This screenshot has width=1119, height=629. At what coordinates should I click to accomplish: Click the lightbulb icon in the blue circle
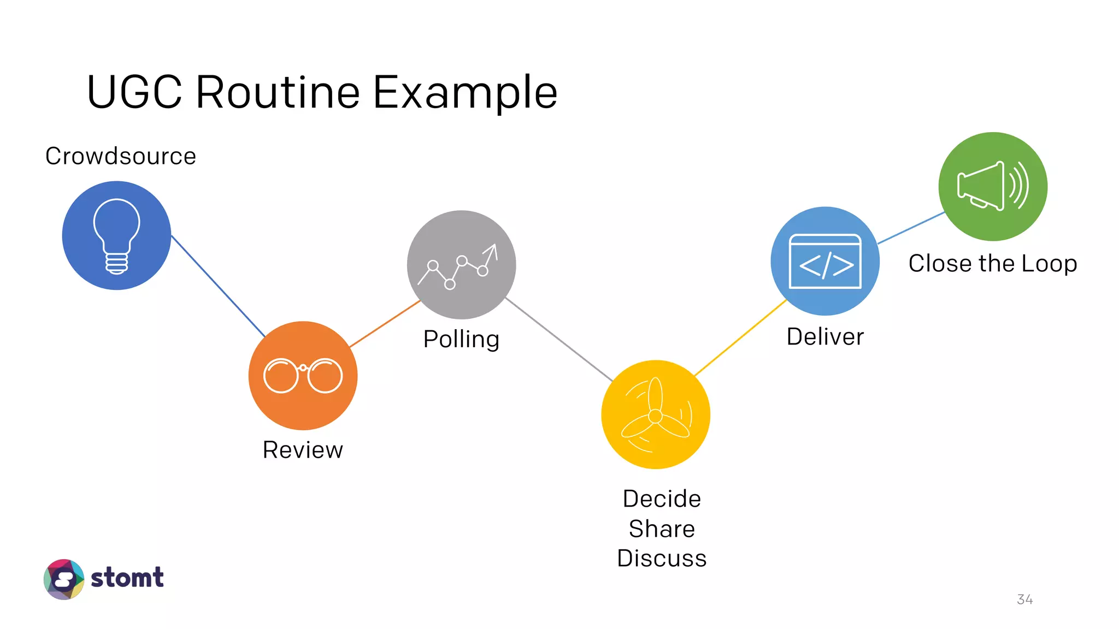(x=116, y=235)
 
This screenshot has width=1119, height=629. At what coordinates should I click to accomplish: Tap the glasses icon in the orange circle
(x=303, y=375)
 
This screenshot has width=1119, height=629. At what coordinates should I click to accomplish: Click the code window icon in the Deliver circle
(x=825, y=262)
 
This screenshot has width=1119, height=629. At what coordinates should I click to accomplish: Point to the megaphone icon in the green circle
(x=992, y=186)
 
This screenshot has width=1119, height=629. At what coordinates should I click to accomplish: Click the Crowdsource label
(x=121, y=156)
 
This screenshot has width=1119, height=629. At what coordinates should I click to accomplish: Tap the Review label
(x=303, y=450)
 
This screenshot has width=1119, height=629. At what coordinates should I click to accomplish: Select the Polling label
(x=461, y=339)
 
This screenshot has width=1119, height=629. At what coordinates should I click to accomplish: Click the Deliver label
(x=825, y=336)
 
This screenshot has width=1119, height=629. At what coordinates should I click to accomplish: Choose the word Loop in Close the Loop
(x=1049, y=264)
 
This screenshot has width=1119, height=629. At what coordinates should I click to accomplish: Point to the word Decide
(x=662, y=499)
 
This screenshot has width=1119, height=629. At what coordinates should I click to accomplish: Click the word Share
(x=662, y=529)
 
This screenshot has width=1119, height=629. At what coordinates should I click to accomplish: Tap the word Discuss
(x=662, y=558)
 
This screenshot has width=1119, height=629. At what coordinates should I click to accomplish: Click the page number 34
(x=1024, y=600)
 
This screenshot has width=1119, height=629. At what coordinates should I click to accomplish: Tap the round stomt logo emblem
(x=64, y=579)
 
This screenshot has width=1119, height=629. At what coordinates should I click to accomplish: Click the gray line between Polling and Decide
(x=558, y=339)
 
